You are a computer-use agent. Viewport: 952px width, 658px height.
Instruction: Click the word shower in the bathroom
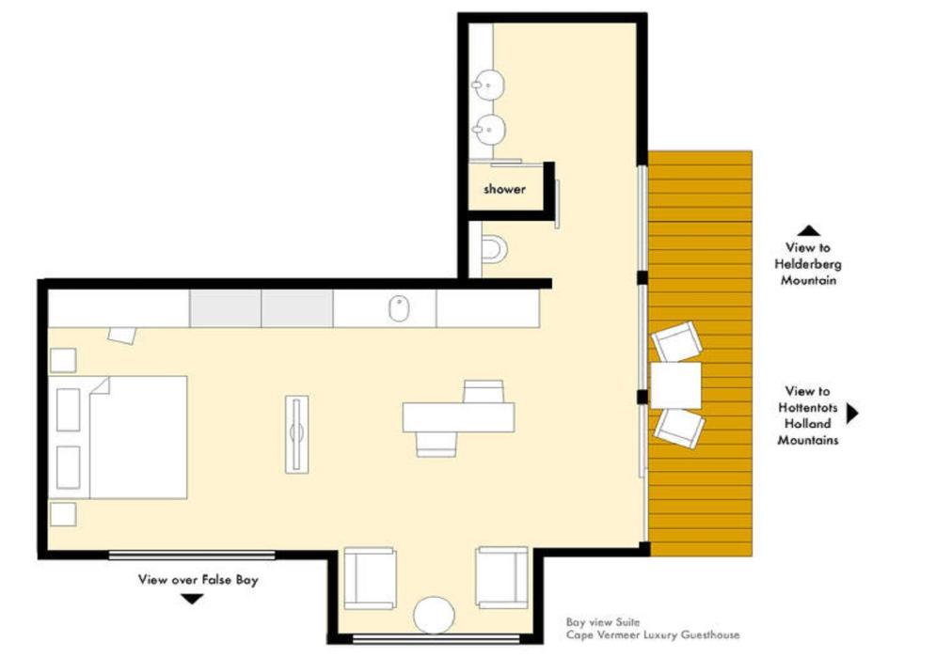point(504,189)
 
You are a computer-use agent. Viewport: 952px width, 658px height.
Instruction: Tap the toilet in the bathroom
point(494,249)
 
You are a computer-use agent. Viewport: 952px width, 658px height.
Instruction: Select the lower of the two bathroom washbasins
point(489,129)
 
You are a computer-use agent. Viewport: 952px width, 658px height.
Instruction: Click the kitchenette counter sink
point(399,308)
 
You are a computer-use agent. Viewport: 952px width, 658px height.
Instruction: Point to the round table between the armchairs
point(434,615)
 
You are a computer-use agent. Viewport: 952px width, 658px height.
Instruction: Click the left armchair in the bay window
point(370,578)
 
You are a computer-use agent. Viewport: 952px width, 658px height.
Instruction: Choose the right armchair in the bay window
point(502,577)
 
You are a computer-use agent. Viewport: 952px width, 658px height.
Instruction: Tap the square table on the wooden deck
point(675,385)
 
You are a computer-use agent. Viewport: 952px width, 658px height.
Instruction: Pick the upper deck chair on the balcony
point(676,341)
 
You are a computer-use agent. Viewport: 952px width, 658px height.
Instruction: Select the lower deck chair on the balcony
point(679,428)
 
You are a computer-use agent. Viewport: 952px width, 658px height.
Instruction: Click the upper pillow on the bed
point(68,410)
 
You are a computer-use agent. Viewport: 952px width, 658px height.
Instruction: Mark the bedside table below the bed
point(62,514)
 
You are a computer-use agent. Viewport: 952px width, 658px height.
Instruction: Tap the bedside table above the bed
point(62,360)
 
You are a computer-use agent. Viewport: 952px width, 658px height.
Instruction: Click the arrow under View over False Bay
point(193,599)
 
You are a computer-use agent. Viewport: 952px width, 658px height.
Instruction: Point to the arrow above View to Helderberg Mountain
point(808,230)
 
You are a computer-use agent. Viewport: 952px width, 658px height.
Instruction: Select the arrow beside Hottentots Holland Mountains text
point(852,414)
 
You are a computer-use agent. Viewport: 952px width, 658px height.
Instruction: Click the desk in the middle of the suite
point(458,417)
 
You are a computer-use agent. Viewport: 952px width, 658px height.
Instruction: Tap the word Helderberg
point(807,264)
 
